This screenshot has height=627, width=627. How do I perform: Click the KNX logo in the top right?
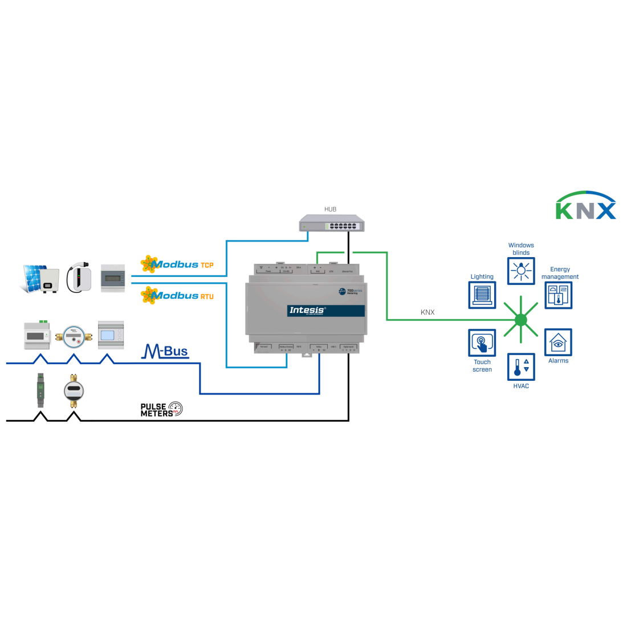tap(585, 206)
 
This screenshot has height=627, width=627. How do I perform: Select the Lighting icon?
tap(482, 295)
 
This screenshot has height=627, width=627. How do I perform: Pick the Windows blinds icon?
tap(521, 271)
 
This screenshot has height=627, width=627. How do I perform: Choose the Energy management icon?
tap(558, 295)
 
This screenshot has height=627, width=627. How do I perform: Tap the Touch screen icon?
tap(482, 343)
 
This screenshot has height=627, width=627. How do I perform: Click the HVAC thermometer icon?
tap(521, 367)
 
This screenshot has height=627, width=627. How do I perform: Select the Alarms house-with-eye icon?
tap(558, 342)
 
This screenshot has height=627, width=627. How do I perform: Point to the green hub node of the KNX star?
tap(521, 320)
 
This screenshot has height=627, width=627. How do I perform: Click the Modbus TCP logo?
tap(177, 264)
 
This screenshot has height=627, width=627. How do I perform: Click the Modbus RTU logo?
tap(177, 295)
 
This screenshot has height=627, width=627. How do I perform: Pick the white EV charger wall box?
tap(79, 278)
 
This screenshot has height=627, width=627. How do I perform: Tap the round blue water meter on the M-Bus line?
tap(74, 337)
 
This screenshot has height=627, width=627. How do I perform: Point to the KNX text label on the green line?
tap(427, 312)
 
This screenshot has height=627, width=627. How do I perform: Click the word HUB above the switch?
tap(331, 209)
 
